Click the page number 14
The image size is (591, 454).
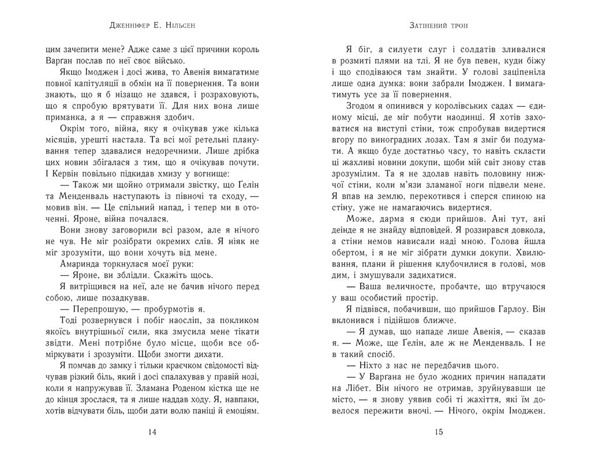click(152, 432)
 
